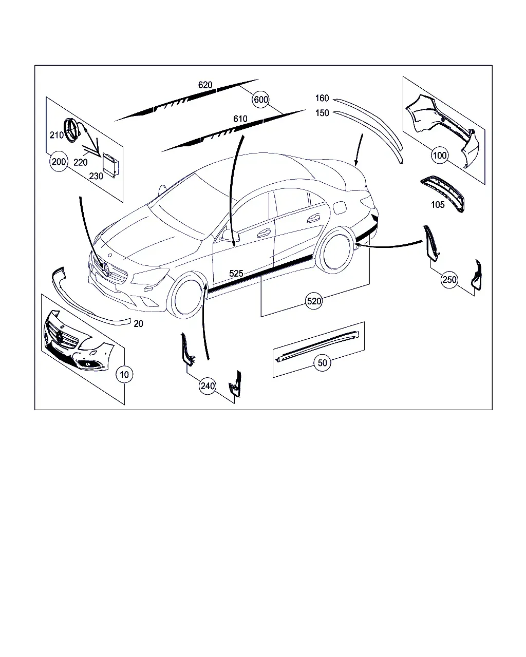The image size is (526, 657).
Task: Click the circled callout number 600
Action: (261, 100)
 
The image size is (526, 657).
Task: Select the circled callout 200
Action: (59, 162)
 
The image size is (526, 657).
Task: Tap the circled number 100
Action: (440, 156)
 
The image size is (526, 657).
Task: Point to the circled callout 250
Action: (449, 280)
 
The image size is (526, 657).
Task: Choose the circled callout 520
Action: (314, 301)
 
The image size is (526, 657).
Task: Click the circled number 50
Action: (323, 363)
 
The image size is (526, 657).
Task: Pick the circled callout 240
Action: (208, 386)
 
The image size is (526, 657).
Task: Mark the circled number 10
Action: (124, 375)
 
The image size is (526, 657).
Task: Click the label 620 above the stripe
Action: (205, 85)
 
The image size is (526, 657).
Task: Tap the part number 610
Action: (240, 119)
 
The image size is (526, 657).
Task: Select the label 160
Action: (322, 98)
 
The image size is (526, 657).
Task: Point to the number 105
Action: (438, 205)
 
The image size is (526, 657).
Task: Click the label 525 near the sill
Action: (236, 273)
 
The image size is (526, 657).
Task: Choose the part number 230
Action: (96, 176)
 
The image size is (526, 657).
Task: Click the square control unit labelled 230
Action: (111, 165)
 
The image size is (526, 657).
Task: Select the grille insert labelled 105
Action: (442, 194)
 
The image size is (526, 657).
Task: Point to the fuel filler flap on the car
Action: (340, 207)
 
